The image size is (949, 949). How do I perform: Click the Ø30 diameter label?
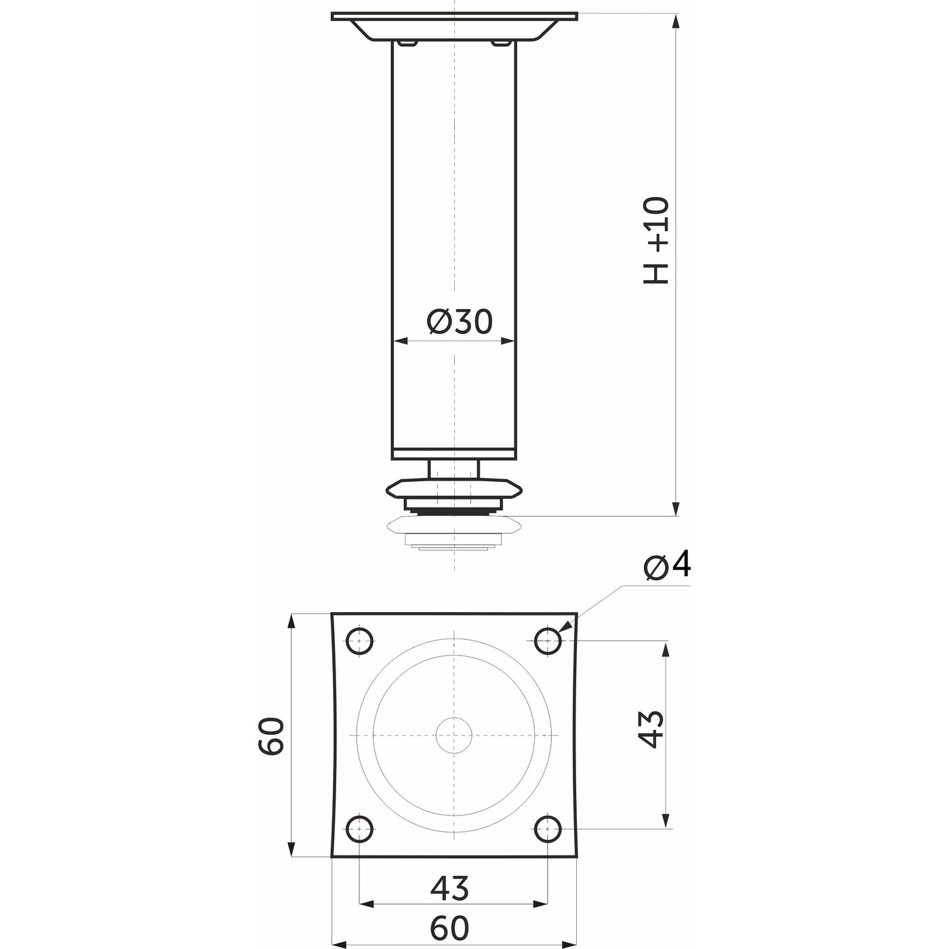click(x=459, y=321)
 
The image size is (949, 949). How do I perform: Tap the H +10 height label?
click(x=656, y=241)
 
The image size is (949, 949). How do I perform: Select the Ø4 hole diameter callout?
click(x=666, y=567)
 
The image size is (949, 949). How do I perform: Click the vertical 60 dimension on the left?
click(x=271, y=735)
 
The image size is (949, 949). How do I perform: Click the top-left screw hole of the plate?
click(x=359, y=641)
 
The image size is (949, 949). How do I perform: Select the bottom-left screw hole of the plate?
click(x=359, y=828)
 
